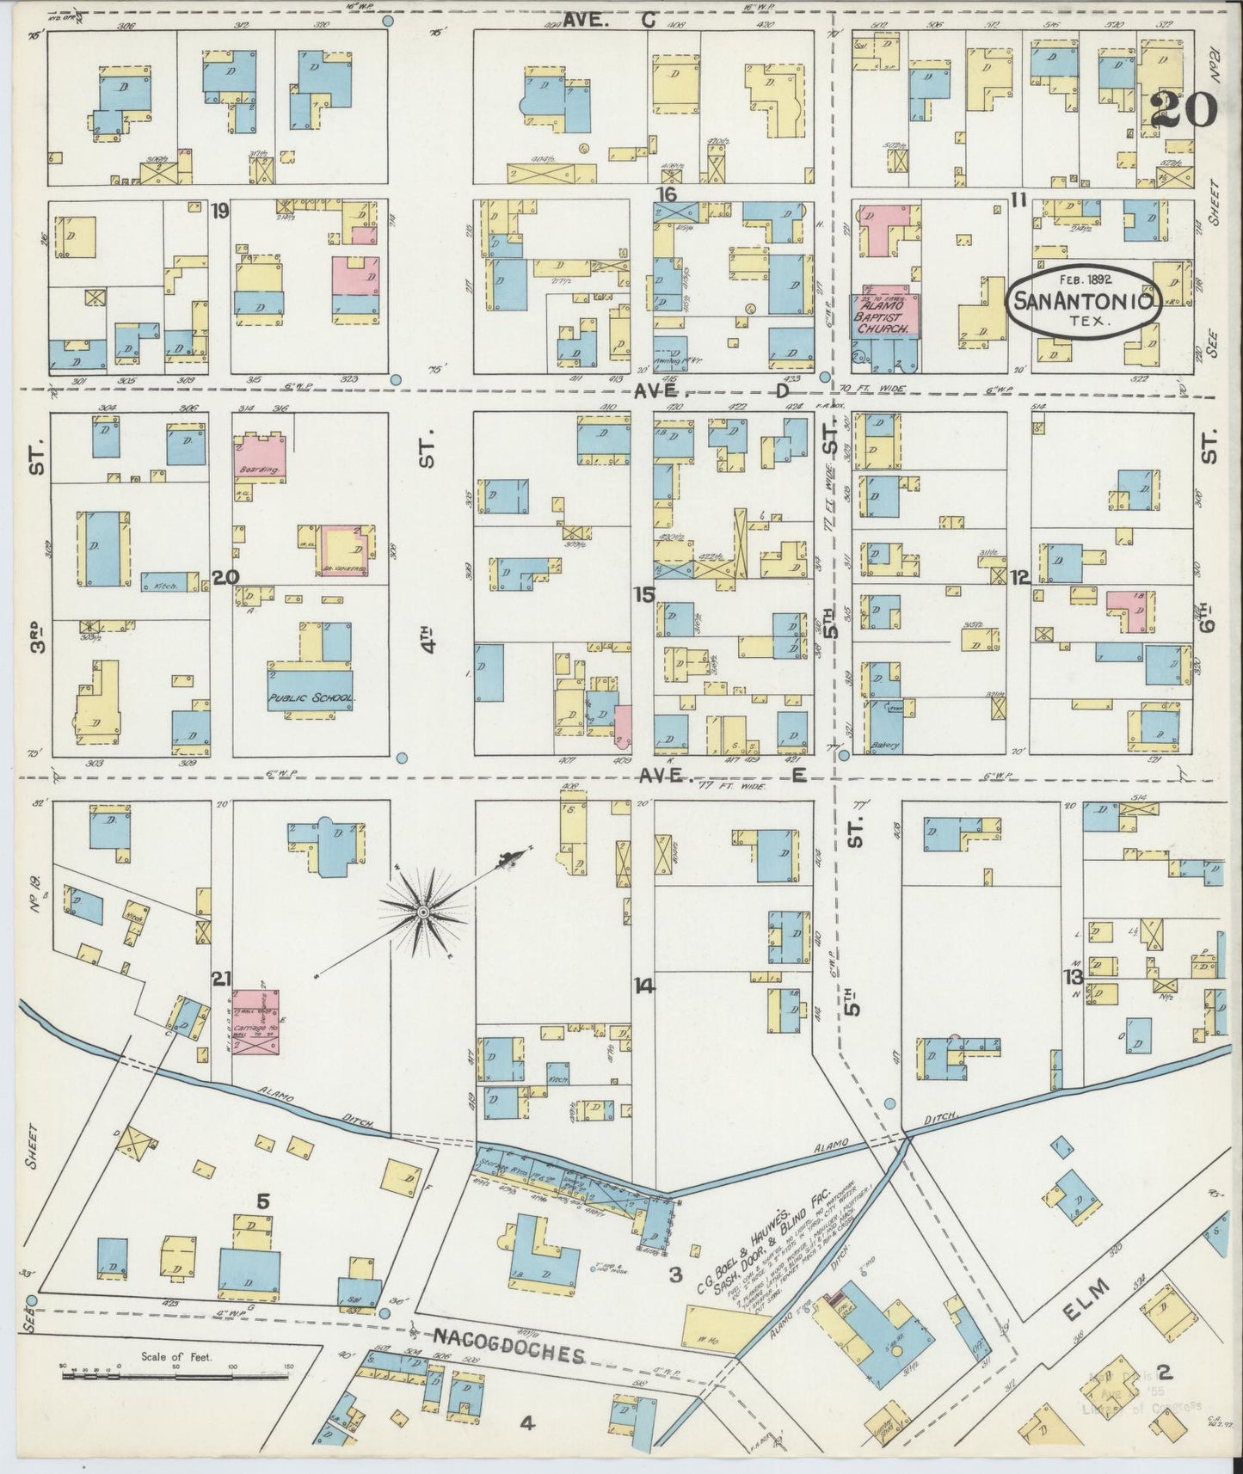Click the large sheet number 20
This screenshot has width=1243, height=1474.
tap(1183, 107)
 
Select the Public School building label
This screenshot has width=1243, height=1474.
tap(311, 698)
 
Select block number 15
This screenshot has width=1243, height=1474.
tap(643, 594)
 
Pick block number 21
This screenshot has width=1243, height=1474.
tap(222, 978)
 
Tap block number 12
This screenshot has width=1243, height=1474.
tap(1020, 577)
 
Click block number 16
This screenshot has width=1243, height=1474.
tap(666, 193)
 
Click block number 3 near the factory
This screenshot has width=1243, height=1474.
tap(677, 1274)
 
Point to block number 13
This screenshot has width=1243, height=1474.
tap(1072, 977)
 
